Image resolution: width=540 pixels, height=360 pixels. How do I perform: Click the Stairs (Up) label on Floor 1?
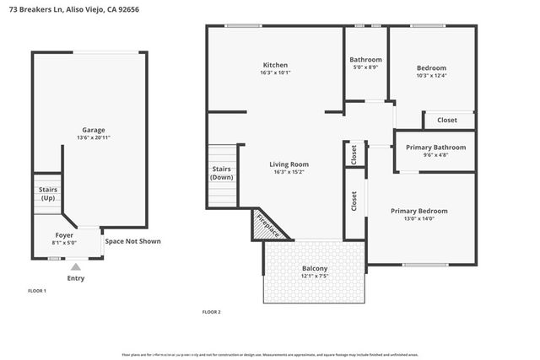[x=47, y=194]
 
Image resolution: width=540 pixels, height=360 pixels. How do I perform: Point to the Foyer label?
[x=65, y=234]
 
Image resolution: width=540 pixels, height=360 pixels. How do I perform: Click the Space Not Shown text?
[x=132, y=241]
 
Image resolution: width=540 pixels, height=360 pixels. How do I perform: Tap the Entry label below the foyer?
[x=75, y=278]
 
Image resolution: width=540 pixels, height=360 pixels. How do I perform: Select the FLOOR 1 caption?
[x=37, y=291]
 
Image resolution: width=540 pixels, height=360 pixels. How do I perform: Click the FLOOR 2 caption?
[x=211, y=312]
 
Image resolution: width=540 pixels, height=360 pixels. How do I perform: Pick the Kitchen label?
[x=275, y=65]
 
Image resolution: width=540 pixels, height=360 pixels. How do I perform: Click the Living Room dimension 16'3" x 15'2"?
[x=289, y=173]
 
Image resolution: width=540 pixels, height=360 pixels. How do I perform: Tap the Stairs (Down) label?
[x=222, y=174]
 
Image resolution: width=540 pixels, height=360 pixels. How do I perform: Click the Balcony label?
[x=314, y=268]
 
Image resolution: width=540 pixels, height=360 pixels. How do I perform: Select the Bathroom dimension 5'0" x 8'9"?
[x=365, y=67]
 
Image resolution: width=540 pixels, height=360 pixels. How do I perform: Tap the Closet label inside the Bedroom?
[x=447, y=121]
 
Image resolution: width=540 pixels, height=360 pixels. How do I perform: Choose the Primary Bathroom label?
[x=435, y=148]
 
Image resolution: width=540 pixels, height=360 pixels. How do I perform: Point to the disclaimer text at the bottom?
[x=269, y=355]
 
